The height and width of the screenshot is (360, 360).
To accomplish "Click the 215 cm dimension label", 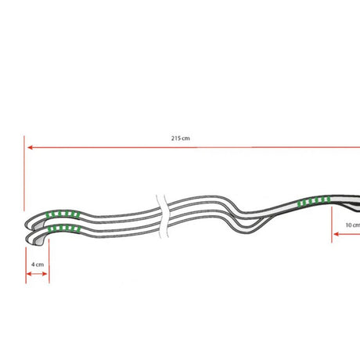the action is pos(181,139).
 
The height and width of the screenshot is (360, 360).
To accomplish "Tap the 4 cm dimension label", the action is pos(38,265).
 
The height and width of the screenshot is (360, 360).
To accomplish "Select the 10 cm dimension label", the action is pos(353,225).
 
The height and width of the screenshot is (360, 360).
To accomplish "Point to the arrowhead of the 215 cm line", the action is pos(30,147).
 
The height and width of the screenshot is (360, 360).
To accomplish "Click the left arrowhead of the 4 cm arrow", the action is pos(29,274).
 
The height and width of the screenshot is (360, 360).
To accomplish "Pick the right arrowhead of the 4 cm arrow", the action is pos(45,274).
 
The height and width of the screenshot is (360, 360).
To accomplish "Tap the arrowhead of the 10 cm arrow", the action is pos(337,234).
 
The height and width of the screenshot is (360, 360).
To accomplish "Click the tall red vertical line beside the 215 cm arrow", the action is pos(24,173).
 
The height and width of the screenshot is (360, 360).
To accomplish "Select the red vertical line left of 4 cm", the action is pos(26,265).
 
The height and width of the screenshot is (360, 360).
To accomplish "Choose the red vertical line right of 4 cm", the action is pos(49,261).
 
